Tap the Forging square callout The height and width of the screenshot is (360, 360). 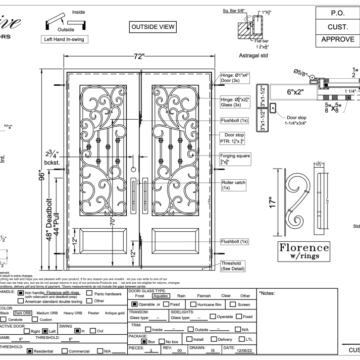coord(235,159)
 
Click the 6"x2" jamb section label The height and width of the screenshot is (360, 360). coord(290,92)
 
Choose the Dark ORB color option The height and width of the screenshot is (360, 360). coord(22,313)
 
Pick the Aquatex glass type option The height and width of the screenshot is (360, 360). coord(162,296)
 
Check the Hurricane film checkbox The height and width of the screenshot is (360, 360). coord(194,304)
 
